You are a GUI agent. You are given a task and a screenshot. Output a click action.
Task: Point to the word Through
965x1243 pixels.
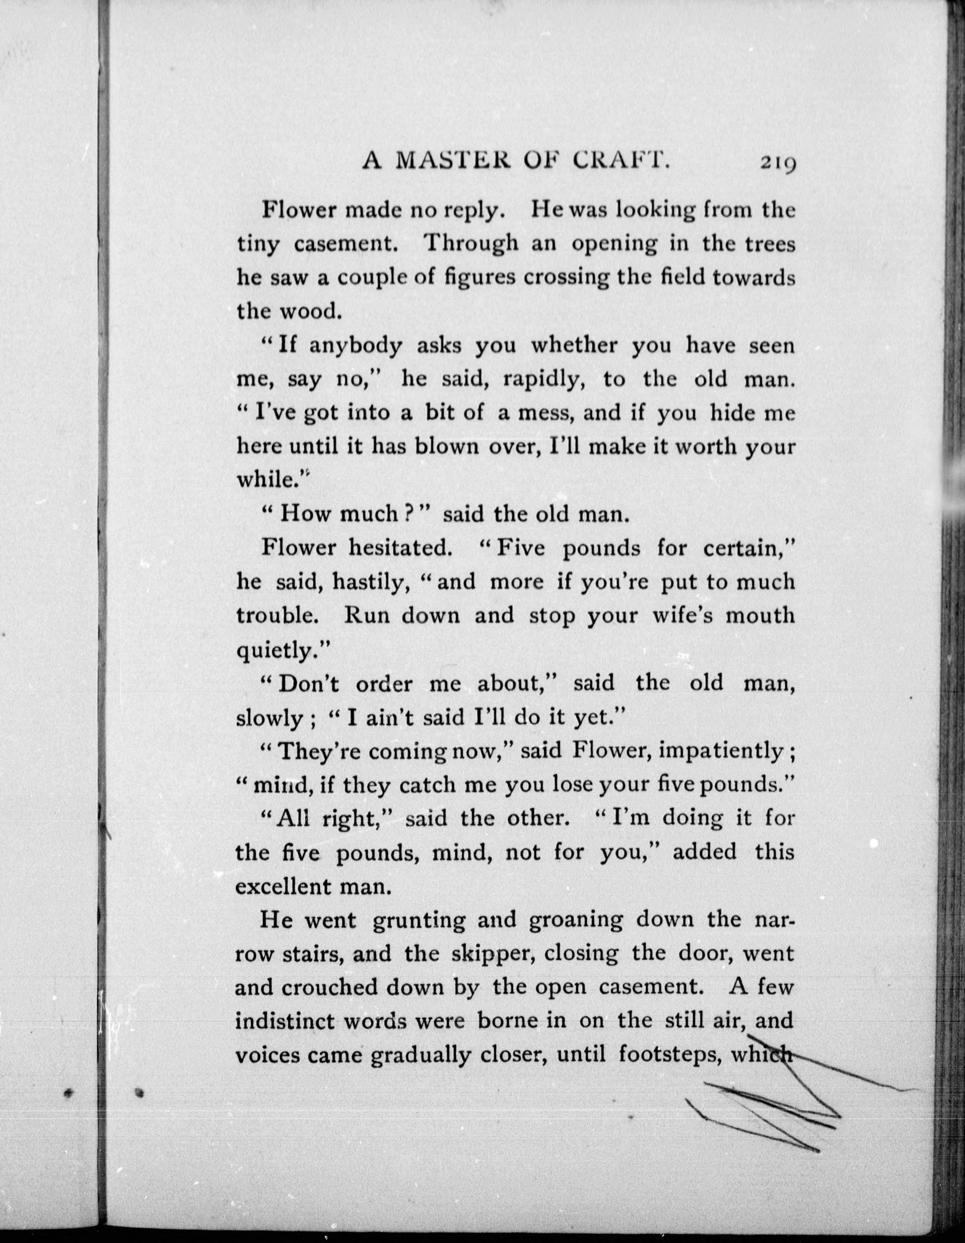[x=472, y=244]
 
